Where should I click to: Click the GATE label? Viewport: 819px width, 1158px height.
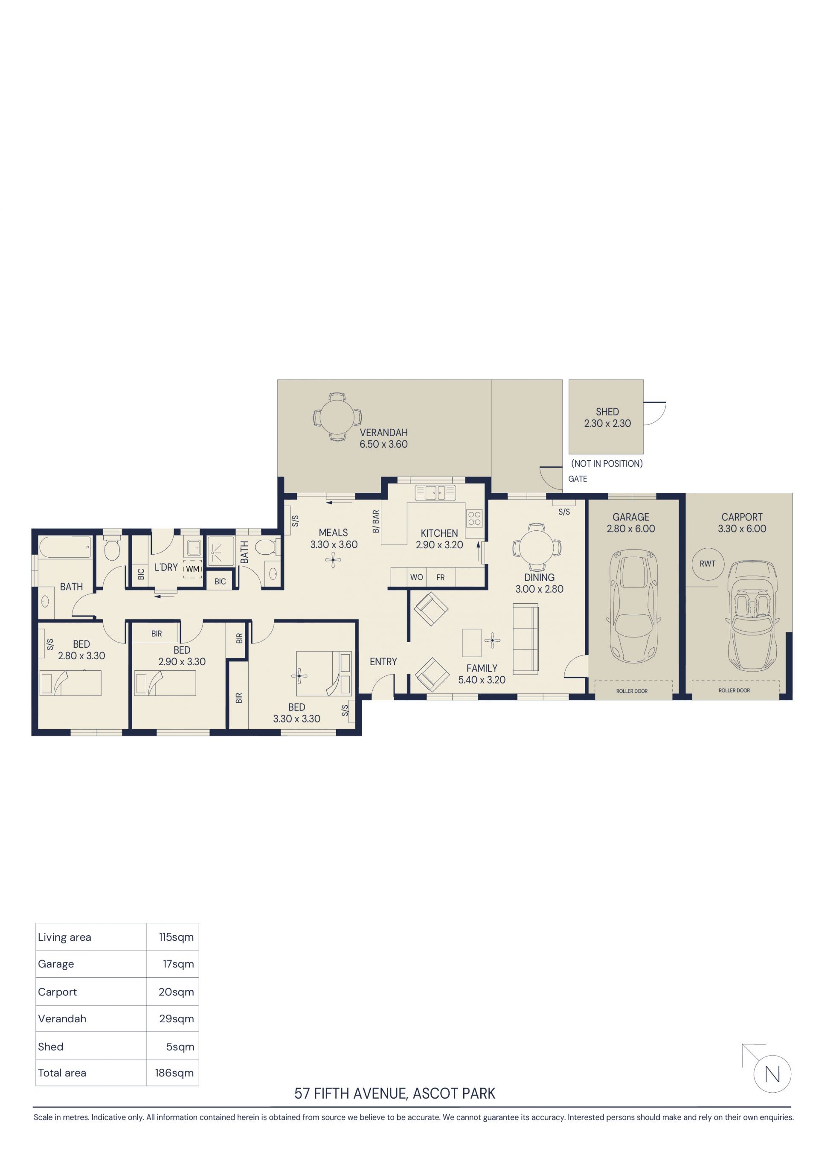coord(578,479)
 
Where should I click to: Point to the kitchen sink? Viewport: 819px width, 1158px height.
coord(435,492)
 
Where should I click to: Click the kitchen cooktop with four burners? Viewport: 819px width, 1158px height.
coord(474,518)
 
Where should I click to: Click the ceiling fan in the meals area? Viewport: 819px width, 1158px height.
coord(333,559)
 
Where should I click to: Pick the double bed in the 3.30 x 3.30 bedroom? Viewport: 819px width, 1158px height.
coord(324,674)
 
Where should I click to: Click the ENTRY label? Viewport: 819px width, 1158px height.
coord(383,662)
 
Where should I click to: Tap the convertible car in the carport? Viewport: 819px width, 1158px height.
coord(752,616)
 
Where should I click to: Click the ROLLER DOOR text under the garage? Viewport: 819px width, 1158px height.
coord(632,691)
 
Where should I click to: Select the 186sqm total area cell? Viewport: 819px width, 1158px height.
coord(174,1073)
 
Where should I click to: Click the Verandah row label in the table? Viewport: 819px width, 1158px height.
coord(62,1018)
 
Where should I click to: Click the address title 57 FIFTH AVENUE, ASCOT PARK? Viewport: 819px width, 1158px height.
coord(395,1093)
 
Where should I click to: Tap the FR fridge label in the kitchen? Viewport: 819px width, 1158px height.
coord(440,577)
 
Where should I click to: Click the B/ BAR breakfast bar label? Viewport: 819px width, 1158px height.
coord(376,521)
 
